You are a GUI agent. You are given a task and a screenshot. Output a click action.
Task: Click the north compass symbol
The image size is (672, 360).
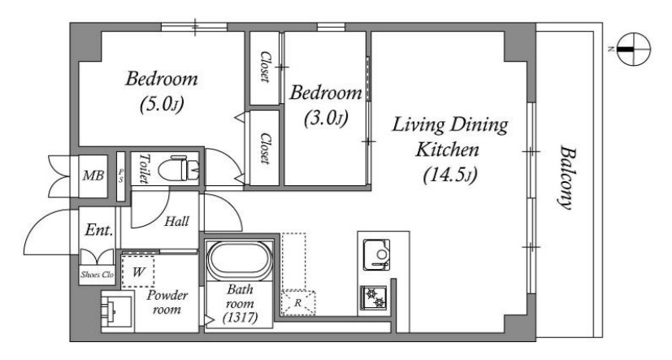(634, 49)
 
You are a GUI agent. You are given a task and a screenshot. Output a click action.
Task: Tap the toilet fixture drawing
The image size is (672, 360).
(179, 169)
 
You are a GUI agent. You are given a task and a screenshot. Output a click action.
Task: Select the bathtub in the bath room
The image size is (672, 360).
(239, 261)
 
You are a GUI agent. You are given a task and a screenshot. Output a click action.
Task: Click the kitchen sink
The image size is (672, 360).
(377, 255)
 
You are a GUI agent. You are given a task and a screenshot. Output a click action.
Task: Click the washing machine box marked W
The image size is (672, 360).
(138, 271)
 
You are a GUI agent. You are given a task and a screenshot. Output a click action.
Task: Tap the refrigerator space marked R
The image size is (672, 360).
(298, 303)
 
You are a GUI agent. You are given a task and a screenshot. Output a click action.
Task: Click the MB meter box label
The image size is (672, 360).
(93, 176)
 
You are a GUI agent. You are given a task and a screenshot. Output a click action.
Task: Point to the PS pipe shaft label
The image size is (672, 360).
(121, 176)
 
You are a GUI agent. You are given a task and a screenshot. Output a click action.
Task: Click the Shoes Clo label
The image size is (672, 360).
(98, 275)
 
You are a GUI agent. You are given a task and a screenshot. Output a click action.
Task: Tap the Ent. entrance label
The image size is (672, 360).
(99, 230)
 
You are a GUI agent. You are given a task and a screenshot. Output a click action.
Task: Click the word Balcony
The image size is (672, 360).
(566, 178)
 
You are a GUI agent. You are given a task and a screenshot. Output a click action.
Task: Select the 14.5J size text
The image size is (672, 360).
(450, 176)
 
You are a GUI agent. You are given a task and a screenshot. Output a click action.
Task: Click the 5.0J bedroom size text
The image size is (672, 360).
(162, 105)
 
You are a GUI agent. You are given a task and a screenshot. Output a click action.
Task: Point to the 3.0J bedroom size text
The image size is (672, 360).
(325, 119)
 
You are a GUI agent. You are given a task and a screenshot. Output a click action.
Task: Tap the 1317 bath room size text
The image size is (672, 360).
(240, 318)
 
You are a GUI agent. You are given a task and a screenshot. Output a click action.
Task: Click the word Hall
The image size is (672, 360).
(177, 221)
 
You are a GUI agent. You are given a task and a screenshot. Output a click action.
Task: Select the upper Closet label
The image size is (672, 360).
(265, 67)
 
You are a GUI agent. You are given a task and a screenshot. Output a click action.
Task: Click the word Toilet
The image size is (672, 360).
(143, 168)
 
